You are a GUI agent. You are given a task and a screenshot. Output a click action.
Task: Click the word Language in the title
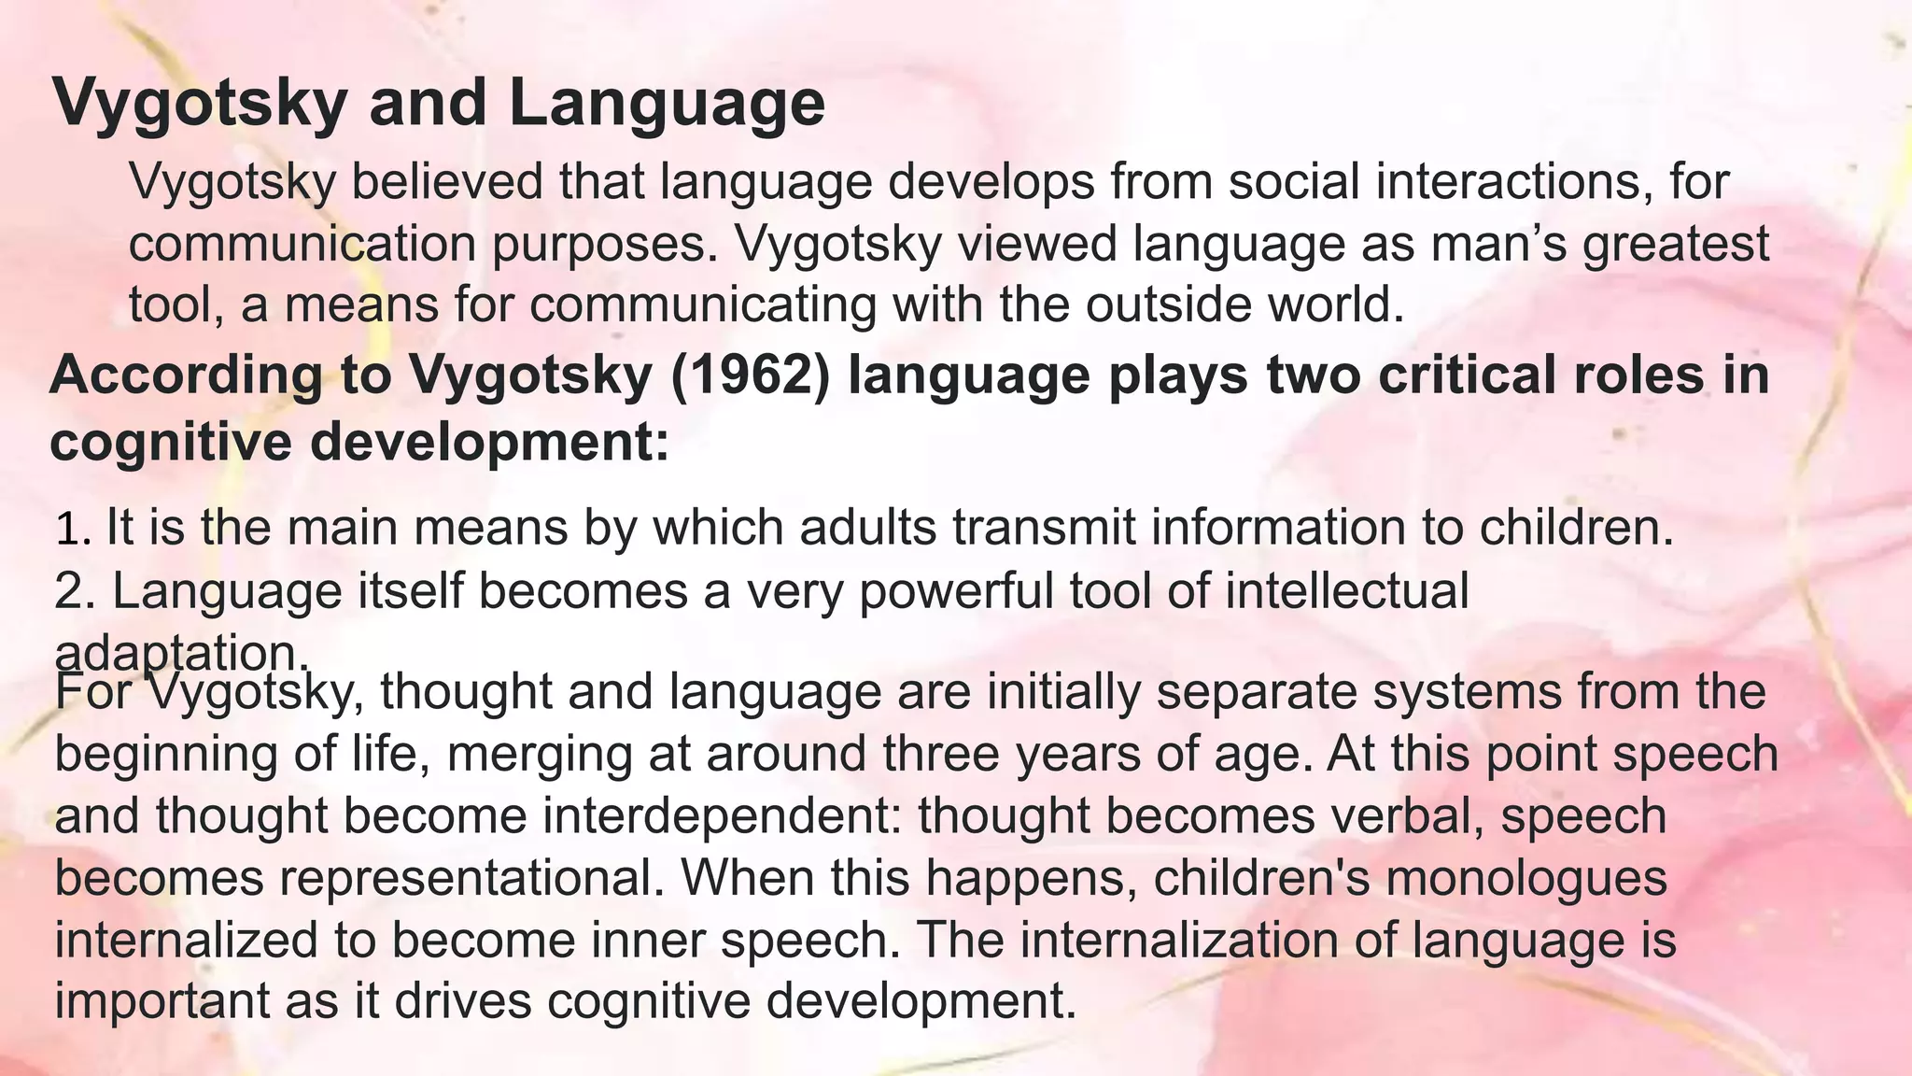coord(667,103)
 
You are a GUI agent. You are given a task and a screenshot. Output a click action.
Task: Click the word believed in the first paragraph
coord(447,181)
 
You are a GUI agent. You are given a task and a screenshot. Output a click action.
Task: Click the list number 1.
coord(72,529)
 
